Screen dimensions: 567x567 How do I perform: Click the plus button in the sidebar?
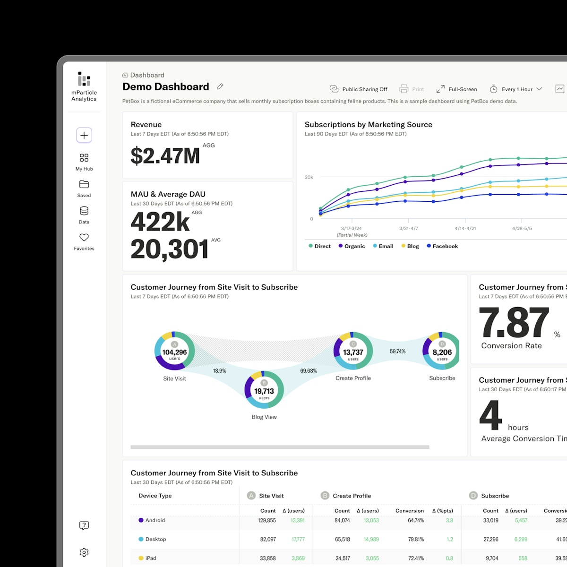pyautogui.click(x=84, y=136)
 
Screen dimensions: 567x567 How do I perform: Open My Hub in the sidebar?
pyautogui.click(x=84, y=158)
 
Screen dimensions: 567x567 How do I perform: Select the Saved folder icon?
pyautogui.click(x=84, y=184)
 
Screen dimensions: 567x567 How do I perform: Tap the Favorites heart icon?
pyautogui.click(x=84, y=238)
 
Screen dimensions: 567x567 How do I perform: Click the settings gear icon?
pyautogui.click(x=84, y=552)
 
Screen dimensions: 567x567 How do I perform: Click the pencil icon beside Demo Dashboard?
pyautogui.click(x=220, y=86)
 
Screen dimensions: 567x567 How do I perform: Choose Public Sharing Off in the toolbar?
pyautogui.click(x=359, y=89)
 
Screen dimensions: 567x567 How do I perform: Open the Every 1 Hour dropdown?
pyautogui.click(x=516, y=89)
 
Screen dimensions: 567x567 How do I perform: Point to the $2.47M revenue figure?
pyautogui.click(x=165, y=156)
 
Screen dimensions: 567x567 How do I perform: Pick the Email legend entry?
pyautogui.click(x=383, y=246)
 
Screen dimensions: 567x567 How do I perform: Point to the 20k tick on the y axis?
pyautogui.click(x=309, y=177)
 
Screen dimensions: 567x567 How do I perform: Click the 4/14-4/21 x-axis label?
pyautogui.click(x=465, y=228)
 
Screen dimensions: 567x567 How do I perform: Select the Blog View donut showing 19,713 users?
pyautogui.click(x=264, y=390)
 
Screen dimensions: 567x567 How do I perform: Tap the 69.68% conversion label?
pyautogui.click(x=309, y=371)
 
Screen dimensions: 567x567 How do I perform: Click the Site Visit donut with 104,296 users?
pyautogui.click(x=175, y=351)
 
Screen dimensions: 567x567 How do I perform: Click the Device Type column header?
pyautogui.click(x=155, y=496)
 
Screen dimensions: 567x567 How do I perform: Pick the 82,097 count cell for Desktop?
pyautogui.click(x=268, y=539)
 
